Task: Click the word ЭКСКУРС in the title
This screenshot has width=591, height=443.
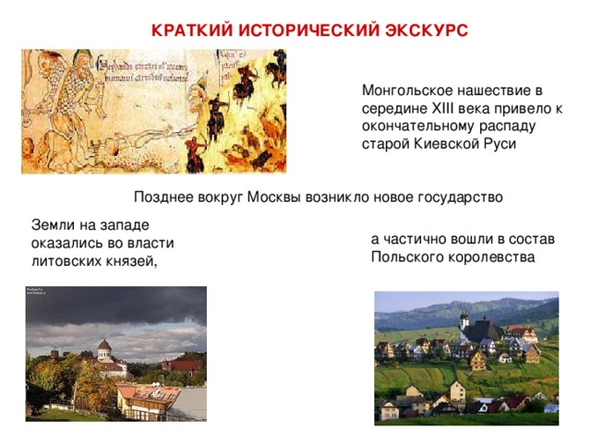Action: (x=426, y=30)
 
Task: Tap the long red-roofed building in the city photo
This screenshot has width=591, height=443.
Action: (x=181, y=365)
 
